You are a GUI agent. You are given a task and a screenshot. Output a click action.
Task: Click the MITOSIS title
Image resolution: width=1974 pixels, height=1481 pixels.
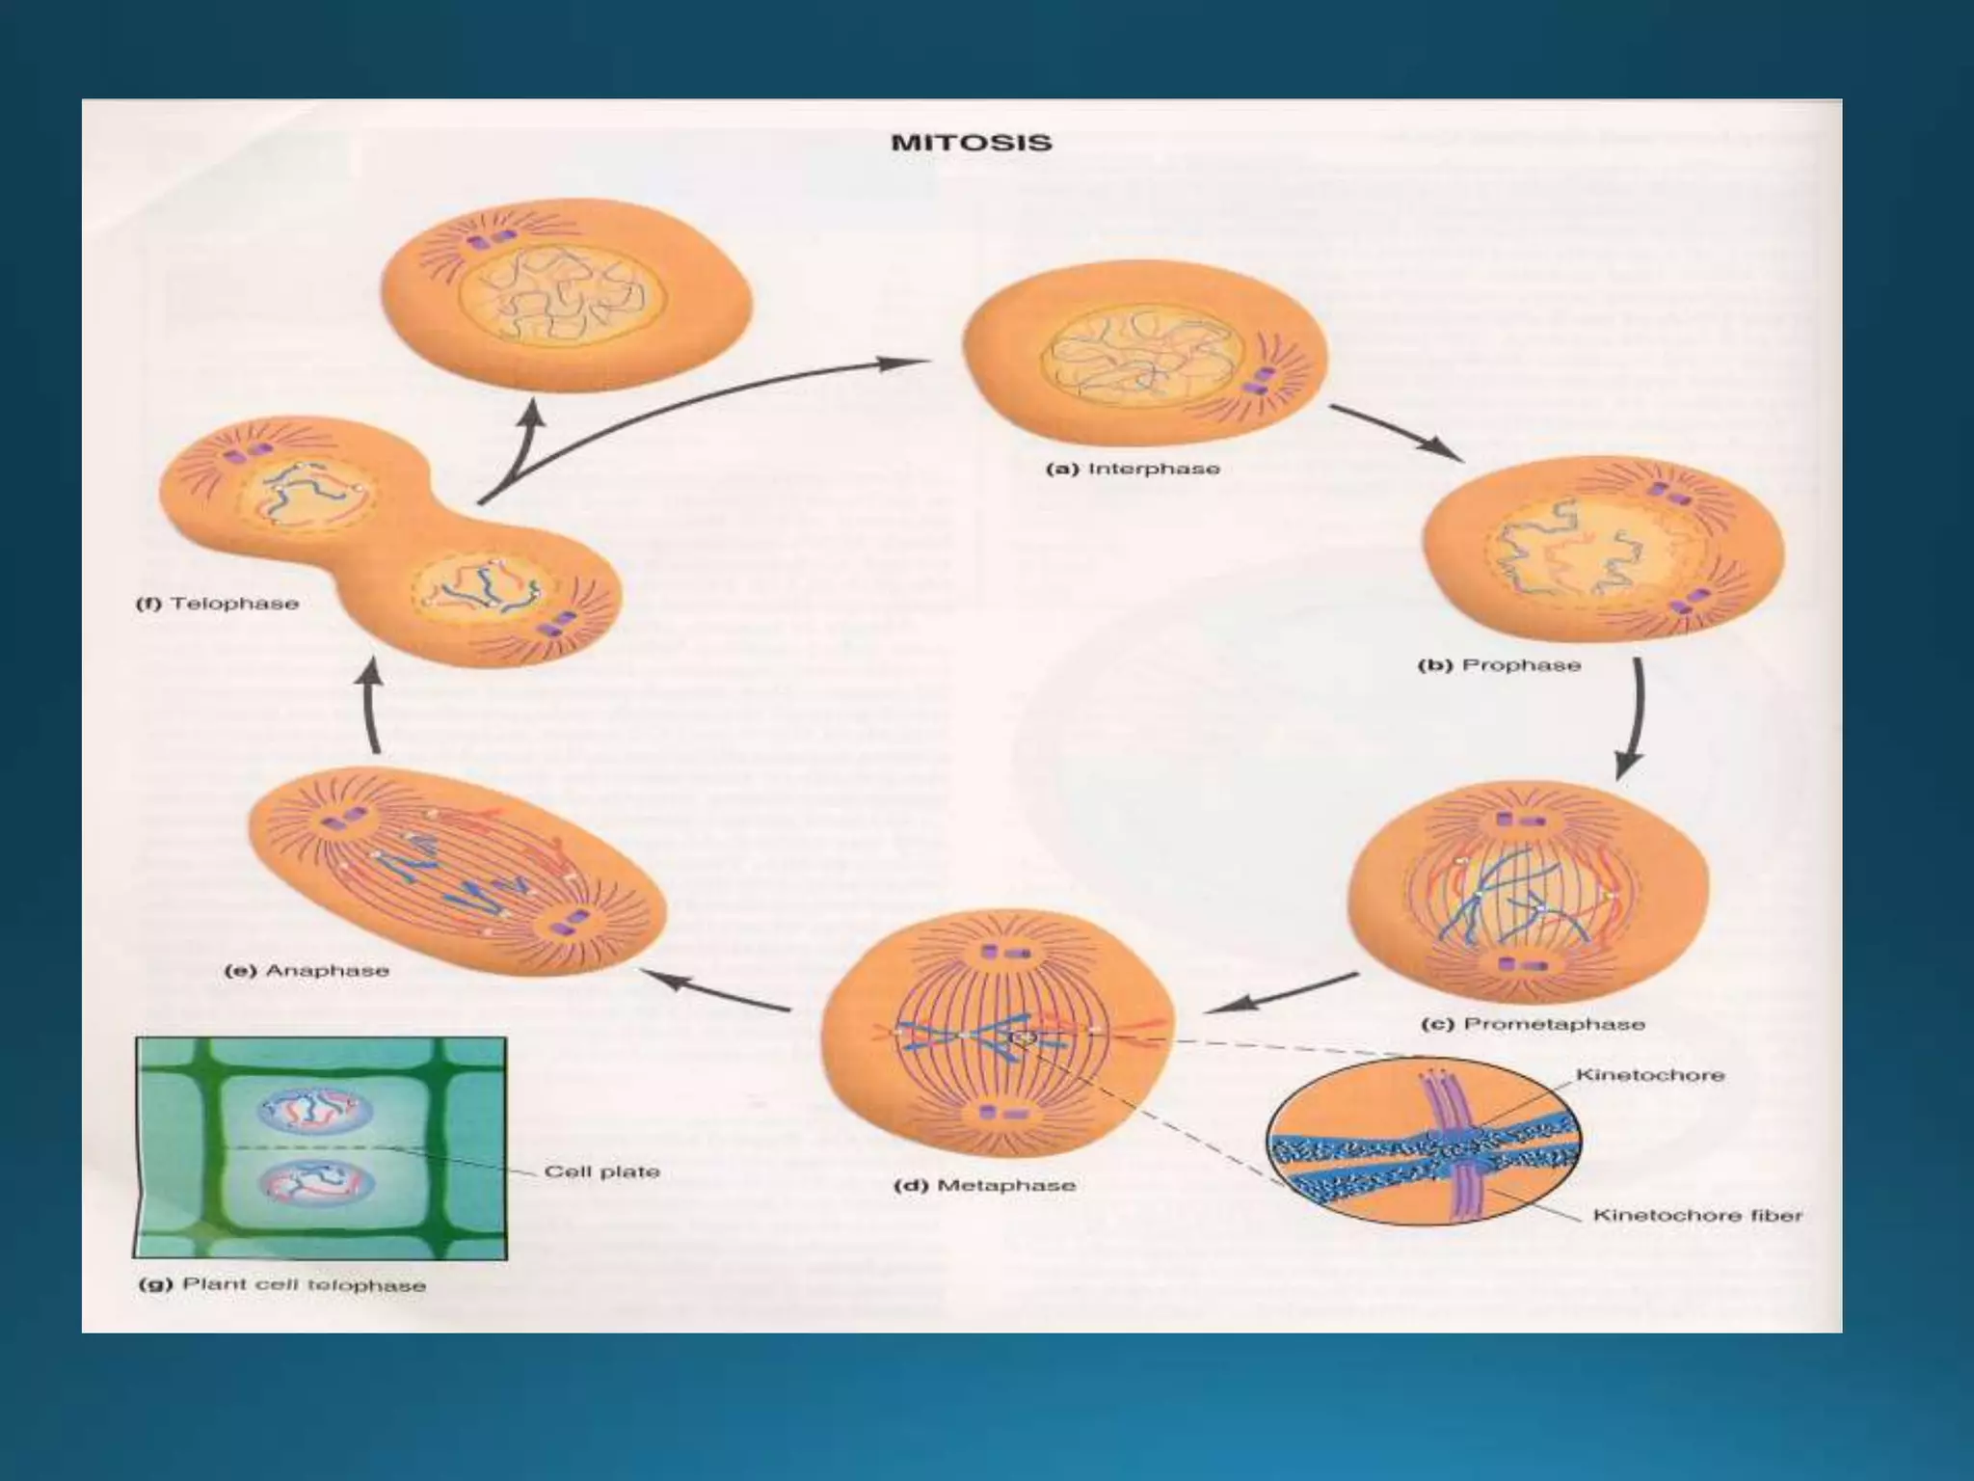tap(971, 143)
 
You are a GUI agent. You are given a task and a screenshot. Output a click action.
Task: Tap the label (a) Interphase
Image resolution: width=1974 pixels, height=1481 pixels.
tap(1133, 469)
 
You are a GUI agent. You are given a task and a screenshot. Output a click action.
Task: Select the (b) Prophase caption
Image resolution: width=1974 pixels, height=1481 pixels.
tap(1499, 665)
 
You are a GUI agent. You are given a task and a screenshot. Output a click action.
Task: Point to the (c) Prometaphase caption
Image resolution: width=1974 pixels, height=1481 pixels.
tap(1533, 1024)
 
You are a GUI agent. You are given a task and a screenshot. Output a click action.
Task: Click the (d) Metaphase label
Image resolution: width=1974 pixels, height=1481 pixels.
tap(984, 1185)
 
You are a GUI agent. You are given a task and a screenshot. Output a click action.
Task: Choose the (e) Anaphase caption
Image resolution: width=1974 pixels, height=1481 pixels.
tap(307, 970)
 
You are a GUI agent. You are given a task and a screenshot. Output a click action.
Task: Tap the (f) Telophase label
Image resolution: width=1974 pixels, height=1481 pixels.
tap(217, 604)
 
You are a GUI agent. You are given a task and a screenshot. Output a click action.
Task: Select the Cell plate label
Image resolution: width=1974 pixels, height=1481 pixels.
tap(601, 1171)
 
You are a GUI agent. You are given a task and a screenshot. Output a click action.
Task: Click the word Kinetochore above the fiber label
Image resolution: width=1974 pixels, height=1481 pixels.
tap(1649, 1074)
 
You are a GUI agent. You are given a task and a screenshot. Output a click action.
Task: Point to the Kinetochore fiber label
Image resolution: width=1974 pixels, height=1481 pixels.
tap(1696, 1215)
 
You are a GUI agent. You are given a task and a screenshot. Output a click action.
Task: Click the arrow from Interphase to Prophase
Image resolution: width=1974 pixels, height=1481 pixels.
tap(1396, 431)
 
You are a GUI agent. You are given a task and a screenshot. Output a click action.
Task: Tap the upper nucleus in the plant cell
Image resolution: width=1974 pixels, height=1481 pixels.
tap(314, 1110)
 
